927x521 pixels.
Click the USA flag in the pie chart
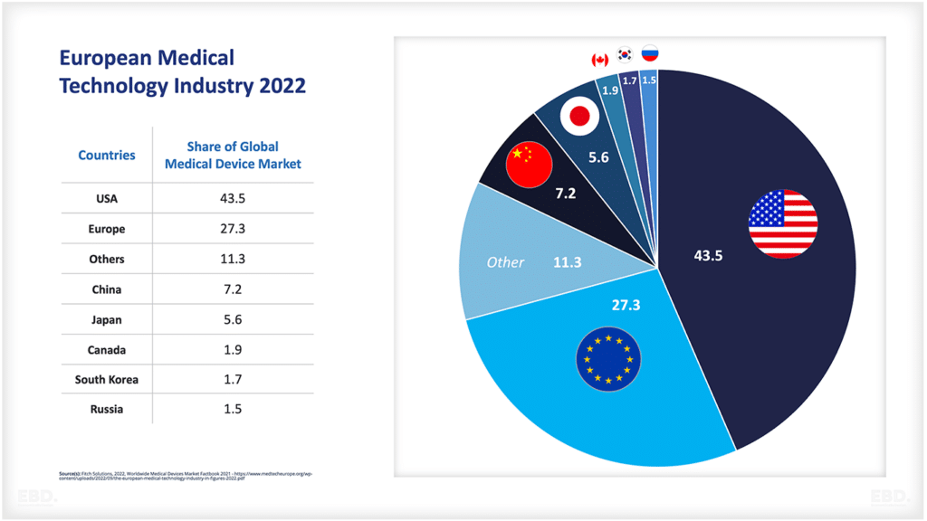click(x=783, y=223)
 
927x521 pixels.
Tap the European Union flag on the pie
click(x=608, y=358)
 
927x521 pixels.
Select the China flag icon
click(x=529, y=163)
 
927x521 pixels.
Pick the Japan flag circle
click(x=578, y=116)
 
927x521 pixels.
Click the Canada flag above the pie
click(x=599, y=60)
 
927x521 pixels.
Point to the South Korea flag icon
click(x=625, y=54)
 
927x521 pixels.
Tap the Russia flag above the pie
click(x=650, y=53)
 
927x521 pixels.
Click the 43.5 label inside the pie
click(x=709, y=256)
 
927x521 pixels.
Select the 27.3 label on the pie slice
click(x=626, y=306)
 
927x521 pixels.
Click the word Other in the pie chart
click(x=505, y=262)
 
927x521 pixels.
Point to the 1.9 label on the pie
click(x=609, y=90)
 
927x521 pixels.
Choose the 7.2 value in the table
click(x=233, y=289)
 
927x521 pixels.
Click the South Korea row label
click(x=107, y=380)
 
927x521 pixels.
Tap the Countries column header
click(x=107, y=156)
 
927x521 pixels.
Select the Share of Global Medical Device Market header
click(x=233, y=155)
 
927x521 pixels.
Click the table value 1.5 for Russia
click(x=233, y=410)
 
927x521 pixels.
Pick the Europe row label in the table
click(x=107, y=230)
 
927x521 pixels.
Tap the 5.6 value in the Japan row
click(x=233, y=320)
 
